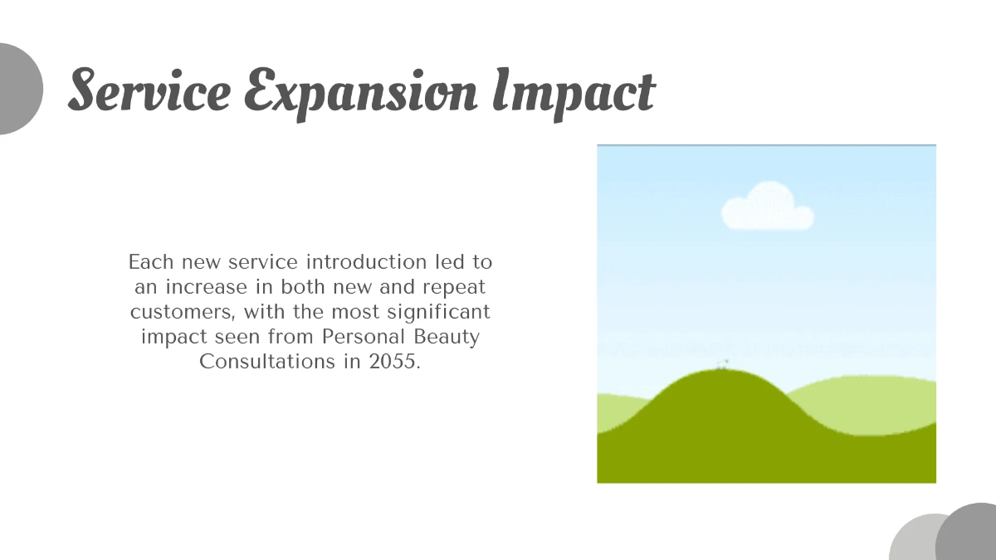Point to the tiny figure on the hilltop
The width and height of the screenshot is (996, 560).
[x=722, y=363]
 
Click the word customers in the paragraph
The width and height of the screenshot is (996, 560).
[x=173, y=312]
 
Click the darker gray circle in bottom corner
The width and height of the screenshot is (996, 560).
[x=969, y=535]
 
